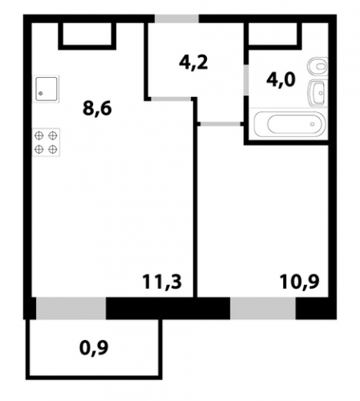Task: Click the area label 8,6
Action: point(97,109)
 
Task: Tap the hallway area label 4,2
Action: point(193,63)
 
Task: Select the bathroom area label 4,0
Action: point(281,79)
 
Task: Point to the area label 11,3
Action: point(162,282)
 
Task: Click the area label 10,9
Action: point(299,282)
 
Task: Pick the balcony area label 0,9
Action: point(94,348)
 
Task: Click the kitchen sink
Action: point(47,89)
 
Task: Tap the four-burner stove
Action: point(46,142)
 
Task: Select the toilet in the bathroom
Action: point(318,66)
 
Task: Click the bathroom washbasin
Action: point(318,93)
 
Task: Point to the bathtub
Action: point(289,124)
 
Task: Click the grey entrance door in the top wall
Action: point(176,18)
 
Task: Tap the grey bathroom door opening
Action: point(246,79)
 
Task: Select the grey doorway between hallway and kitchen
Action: point(172,99)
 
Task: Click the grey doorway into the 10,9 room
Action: point(220,124)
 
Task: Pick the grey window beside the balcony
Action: point(71,308)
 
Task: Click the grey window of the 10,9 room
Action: point(263,308)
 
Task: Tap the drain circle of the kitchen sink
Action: point(41,93)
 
